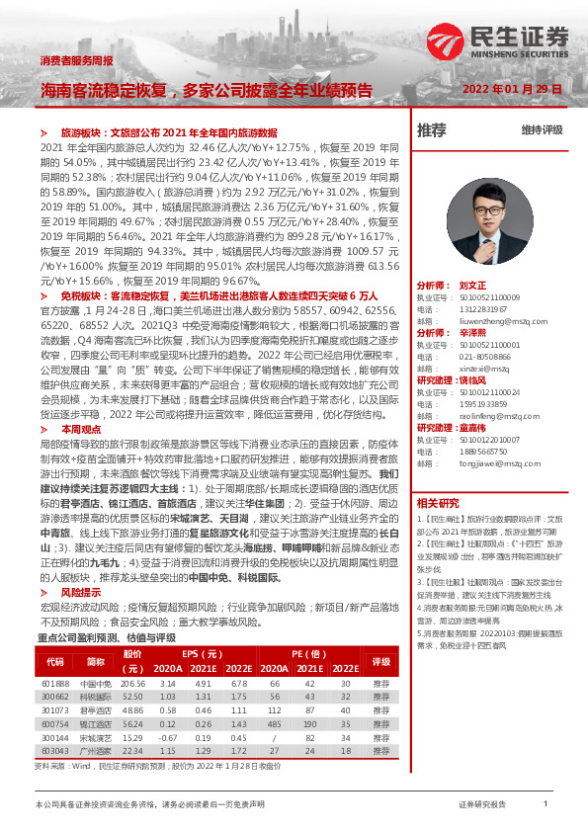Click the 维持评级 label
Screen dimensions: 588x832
click(x=542, y=129)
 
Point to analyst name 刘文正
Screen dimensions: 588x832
click(x=473, y=284)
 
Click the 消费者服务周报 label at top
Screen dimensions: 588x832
click(x=75, y=60)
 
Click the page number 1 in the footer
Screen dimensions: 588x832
click(x=546, y=804)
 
